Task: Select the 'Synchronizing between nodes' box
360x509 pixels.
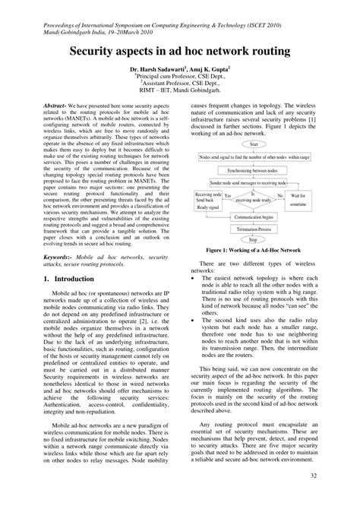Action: coord(253,171)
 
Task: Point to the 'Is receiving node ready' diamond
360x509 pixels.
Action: coord(253,197)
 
